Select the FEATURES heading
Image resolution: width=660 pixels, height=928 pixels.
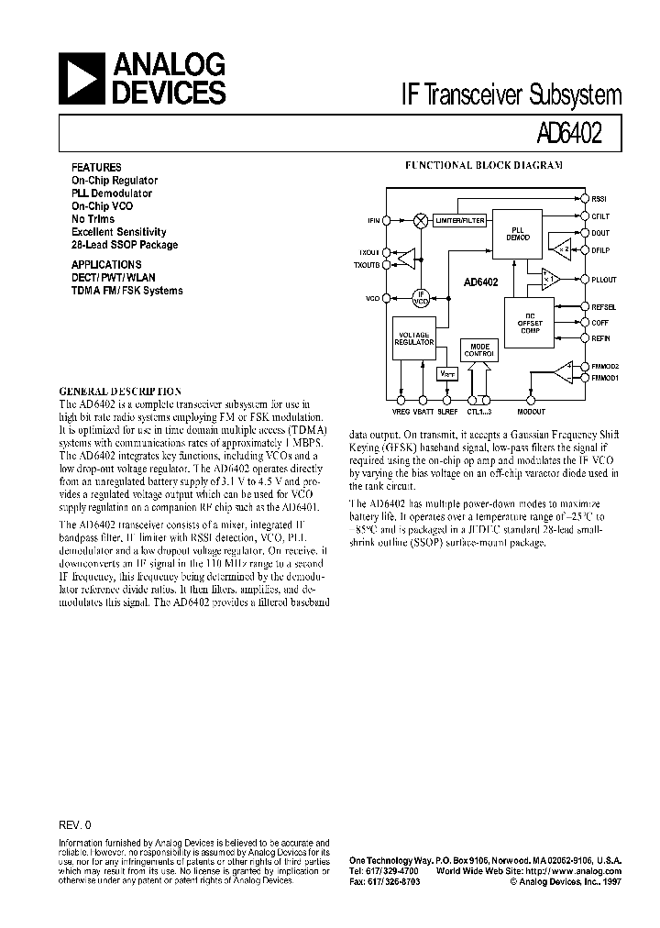coord(96,168)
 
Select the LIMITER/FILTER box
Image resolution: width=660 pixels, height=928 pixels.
coord(460,222)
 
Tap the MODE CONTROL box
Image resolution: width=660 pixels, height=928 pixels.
coord(479,349)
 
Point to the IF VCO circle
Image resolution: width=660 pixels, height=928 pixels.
coord(421,298)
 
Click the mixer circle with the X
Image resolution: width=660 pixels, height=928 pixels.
coord(421,220)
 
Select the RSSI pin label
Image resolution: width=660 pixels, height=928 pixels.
coord(599,198)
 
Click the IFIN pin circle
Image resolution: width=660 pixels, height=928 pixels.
coord(387,220)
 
